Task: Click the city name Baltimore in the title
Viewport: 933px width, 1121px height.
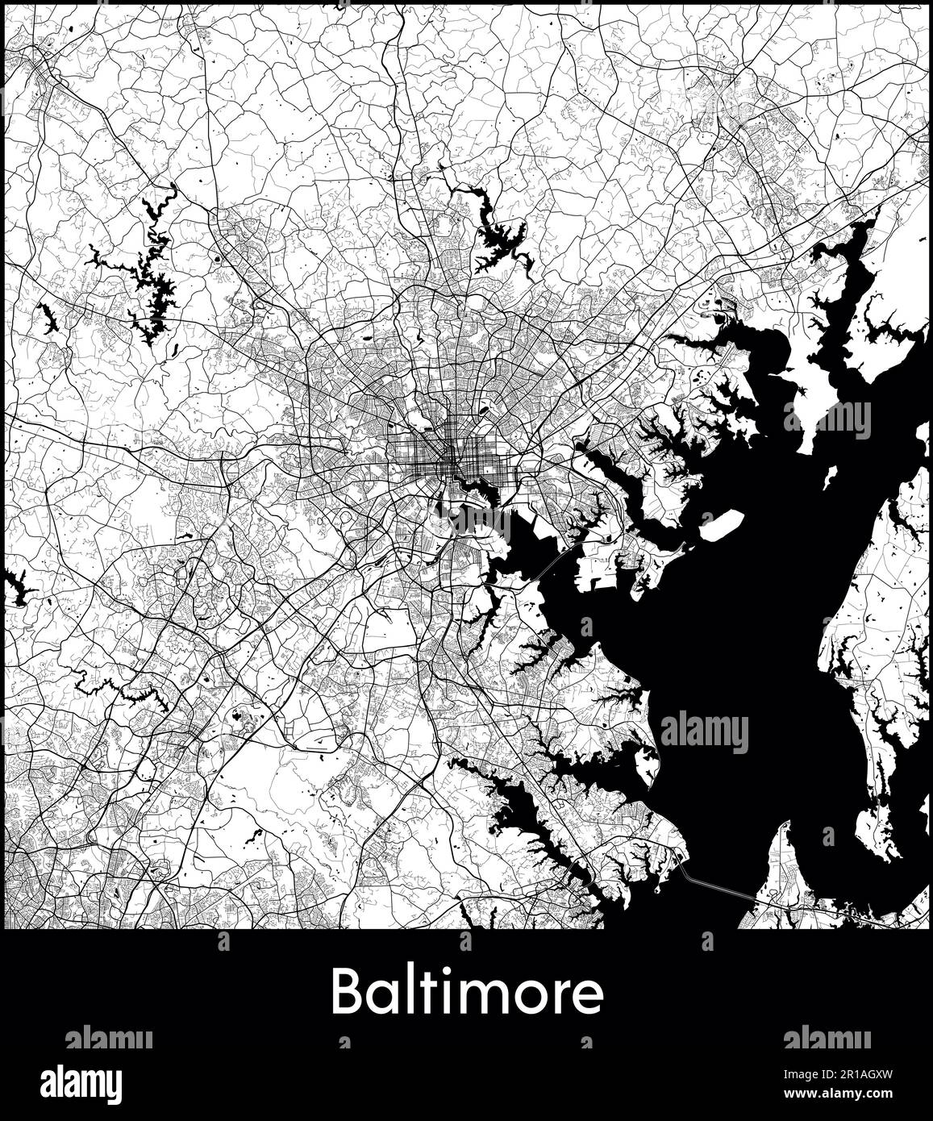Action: (x=466, y=992)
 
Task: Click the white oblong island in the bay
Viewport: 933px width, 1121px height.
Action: (x=721, y=525)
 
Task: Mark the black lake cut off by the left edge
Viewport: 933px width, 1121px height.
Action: (x=16, y=587)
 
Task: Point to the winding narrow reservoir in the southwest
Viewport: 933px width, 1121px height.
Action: (x=121, y=690)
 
